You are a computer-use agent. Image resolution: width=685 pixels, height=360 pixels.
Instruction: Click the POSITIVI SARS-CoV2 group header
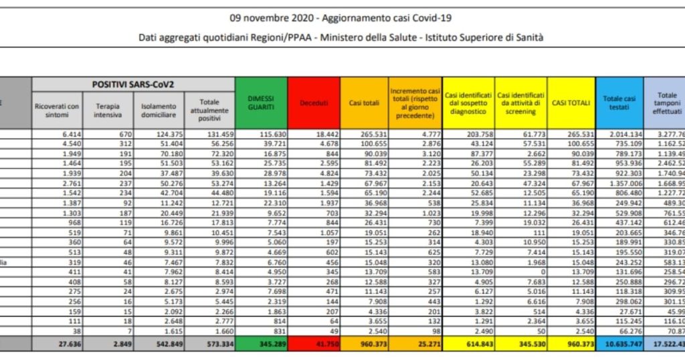(133, 84)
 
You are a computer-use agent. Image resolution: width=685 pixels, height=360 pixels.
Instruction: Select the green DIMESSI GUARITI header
(261, 102)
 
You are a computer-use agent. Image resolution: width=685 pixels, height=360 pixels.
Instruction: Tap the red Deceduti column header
(314, 102)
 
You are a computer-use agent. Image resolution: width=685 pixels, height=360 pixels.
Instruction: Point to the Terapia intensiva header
(108, 110)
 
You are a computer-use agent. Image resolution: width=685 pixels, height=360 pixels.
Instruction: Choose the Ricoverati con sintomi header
(57, 110)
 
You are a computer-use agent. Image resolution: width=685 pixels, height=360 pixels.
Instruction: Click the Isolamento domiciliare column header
(159, 110)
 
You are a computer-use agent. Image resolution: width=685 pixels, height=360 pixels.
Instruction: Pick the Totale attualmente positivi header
(209, 110)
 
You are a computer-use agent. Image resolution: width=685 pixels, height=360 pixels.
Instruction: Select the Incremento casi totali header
(415, 102)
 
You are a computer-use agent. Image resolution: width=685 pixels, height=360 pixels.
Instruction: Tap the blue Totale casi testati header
(619, 102)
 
